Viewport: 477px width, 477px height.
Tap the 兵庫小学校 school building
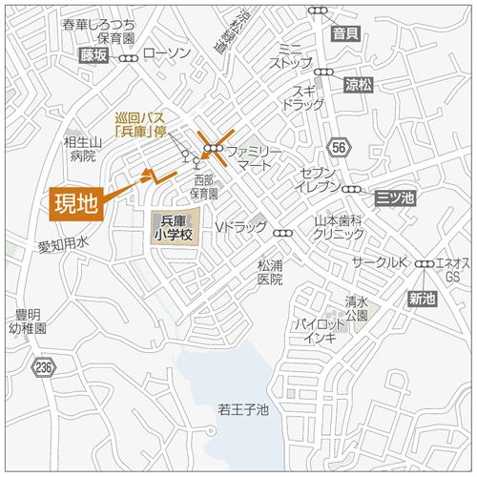[x=175, y=229]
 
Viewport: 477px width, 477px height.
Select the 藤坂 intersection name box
[x=94, y=56]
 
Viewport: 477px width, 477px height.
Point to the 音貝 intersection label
[x=346, y=34]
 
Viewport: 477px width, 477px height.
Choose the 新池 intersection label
[x=421, y=299]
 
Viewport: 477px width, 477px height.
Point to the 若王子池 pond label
[x=244, y=410]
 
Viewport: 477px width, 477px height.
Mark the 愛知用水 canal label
[x=63, y=245]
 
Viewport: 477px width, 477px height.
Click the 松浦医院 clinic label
[x=270, y=274]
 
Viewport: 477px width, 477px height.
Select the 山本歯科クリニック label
[x=340, y=226]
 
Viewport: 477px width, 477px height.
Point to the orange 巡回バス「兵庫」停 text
[x=143, y=125]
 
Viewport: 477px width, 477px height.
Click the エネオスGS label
[x=451, y=269]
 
